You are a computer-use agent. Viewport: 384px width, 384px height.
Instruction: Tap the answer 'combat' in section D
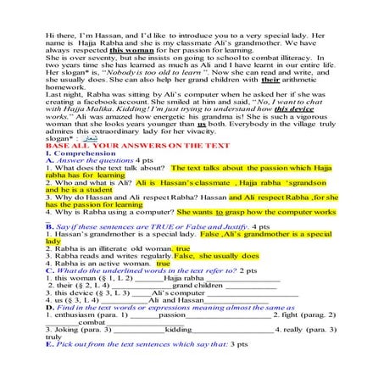coord(93,322)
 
